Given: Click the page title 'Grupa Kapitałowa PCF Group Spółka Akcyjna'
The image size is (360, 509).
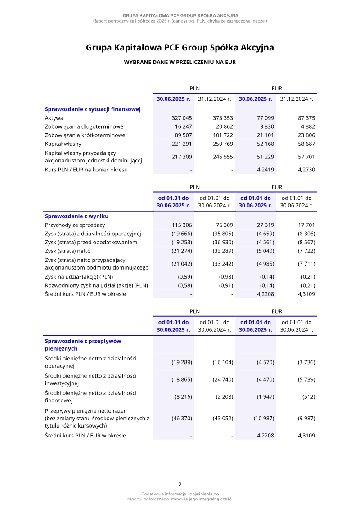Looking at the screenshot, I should pyautogui.click(x=180, y=47).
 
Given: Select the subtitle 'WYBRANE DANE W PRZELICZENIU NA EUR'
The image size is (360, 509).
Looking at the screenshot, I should pyautogui.click(x=180, y=63).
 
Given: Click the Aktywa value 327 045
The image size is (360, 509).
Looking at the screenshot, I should pyautogui.click(x=182, y=118).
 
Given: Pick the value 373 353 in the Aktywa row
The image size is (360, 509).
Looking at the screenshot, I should pyautogui.click(x=223, y=118).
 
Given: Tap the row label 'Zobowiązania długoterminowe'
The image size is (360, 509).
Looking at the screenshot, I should pyautogui.click(x=84, y=127).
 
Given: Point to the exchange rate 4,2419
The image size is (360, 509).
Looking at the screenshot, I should pyautogui.click(x=265, y=170).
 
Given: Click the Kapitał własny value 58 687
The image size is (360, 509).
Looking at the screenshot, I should pyautogui.click(x=306, y=144).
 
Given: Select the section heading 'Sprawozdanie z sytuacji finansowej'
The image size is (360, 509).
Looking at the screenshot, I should pyautogui.click(x=93, y=109).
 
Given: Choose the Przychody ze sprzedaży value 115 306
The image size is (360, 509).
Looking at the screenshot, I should pyautogui.click(x=182, y=225).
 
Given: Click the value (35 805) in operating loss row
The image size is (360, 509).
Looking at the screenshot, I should pyautogui.click(x=222, y=234).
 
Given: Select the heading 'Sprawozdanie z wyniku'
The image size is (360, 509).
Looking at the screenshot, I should pyautogui.click(x=76, y=216).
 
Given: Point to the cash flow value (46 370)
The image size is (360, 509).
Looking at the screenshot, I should pyautogui.click(x=182, y=418).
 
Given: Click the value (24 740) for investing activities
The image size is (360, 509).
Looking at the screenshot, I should pyautogui.click(x=222, y=379).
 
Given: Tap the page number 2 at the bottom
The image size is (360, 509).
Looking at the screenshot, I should pyautogui.click(x=180, y=485).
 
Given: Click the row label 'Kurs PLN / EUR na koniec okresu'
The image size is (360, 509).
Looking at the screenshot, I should pyautogui.click(x=86, y=170).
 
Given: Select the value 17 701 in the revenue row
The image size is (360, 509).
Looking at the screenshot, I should pyautogui.click(x=306, y=225).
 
